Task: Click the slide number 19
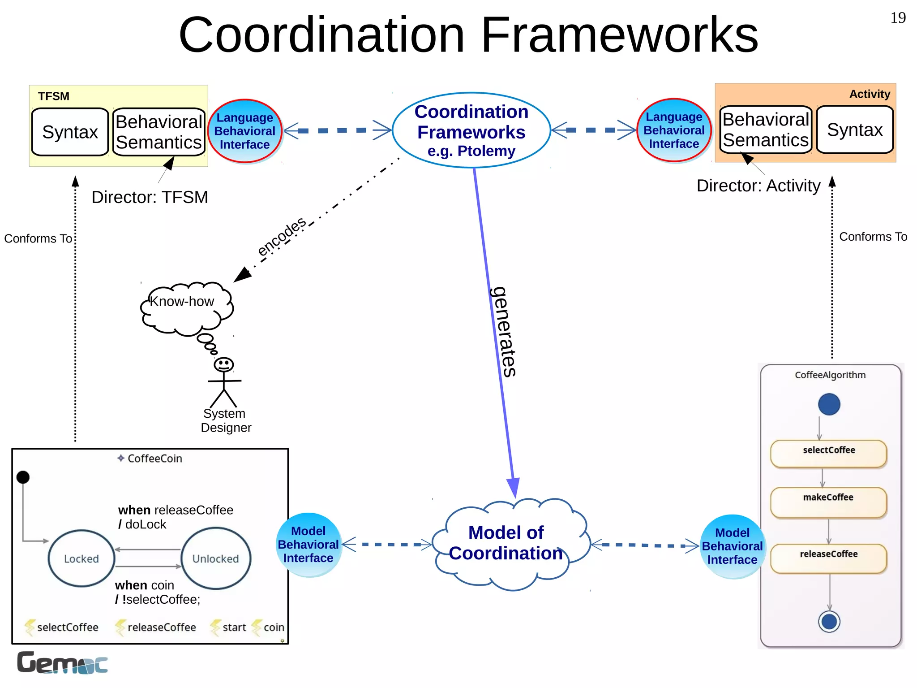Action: coord(897,18)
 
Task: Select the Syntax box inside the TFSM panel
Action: coord(70,132)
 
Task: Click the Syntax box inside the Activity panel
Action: coord(854,130)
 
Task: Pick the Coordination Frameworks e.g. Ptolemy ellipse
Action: coord(471,130)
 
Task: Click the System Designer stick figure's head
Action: coord(223,364)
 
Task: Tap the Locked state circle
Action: coord(81,558)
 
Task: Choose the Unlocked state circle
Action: coord(216,558)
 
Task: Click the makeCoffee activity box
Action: coord(828,502)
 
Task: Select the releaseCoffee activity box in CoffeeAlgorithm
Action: coord(828,558)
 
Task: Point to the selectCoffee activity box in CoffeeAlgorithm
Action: coord(828,454)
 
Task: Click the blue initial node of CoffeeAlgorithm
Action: coord(829,404)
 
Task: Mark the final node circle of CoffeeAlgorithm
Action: coord(829,622)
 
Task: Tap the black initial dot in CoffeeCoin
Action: coord(23,477)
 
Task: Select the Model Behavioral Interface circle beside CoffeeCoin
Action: coord(309,545)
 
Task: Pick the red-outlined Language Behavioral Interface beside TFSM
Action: coord(245,131)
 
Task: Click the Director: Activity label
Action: coord(758,186)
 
